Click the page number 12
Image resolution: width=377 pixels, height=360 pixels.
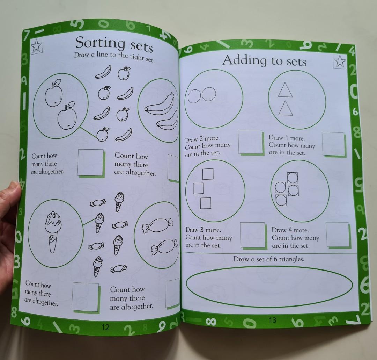(x=105, y=327)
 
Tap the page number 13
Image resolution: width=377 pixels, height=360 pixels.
(x=273, y=320)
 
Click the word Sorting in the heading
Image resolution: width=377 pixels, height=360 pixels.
(x=100, y=43)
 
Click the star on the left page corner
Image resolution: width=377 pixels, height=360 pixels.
(x=36, y=46)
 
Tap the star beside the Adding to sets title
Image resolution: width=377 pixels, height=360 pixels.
(x=340, y=62)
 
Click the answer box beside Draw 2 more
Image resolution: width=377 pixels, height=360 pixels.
(x=250, y=142)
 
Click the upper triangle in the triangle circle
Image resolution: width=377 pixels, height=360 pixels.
(x=285, y=90)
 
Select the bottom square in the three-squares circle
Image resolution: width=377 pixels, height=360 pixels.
(x=206, y=203)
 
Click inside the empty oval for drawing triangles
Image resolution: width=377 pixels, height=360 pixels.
(x=269, y=285)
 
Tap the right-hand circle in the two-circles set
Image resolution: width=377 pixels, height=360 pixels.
(x=209, y=94)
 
